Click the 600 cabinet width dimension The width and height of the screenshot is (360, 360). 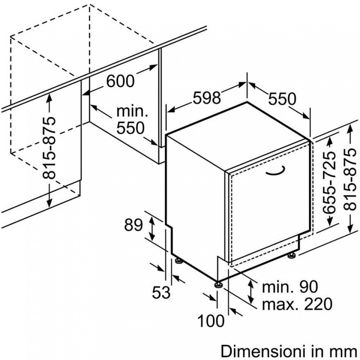(120, 81)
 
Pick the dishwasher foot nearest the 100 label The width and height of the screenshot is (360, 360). (218, 285)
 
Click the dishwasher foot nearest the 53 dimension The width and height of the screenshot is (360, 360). (178, 260)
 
